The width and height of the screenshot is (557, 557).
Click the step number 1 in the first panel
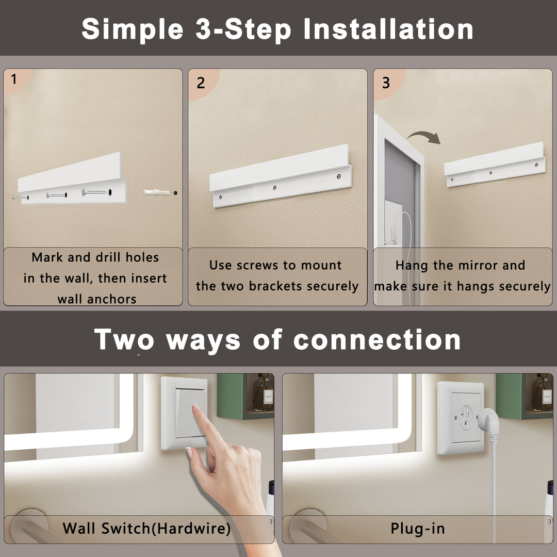(13, 79)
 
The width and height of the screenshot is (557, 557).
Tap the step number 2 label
(201, 83)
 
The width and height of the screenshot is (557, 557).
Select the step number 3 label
(386, 83)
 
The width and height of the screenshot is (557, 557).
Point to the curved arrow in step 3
(423, 137)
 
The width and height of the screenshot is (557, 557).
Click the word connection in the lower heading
(376, 340)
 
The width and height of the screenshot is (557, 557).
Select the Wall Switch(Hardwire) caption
(146, 528)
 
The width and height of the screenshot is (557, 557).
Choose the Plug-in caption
(417, 528)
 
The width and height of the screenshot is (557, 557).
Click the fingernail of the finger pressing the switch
(195, 407)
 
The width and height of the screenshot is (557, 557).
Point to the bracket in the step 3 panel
(494, 165)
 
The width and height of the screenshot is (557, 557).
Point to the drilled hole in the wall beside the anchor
(175, 192)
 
